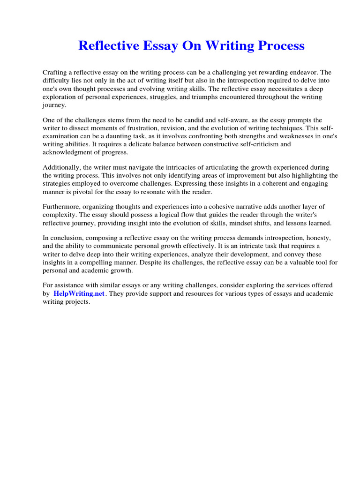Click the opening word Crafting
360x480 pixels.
pos(56,72)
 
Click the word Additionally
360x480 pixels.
pos(61,167)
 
